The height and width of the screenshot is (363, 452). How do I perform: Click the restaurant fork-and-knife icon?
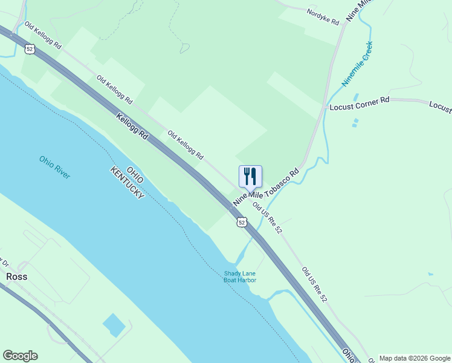[x=250, y=176]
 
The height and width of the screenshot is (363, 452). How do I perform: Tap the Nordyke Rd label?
[x=323, y=16]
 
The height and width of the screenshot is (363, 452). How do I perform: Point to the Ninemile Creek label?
[x=357, y=63]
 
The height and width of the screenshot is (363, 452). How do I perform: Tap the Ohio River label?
[x=55, y=167]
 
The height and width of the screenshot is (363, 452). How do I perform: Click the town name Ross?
[x=16, y=276]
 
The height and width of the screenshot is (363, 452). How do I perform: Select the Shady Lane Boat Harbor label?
[x=241, y=276]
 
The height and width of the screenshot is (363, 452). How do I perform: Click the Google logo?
[x=20, y=356]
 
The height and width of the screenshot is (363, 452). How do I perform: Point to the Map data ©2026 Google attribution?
[x=415, y=358]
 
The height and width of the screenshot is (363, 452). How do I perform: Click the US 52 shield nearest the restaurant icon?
[x=242, y=223]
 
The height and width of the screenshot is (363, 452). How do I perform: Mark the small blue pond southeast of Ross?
[x=114, y=325]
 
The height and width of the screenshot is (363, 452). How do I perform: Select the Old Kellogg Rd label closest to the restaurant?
[x=186, y=145]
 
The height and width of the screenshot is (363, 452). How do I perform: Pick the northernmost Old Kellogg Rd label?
[x=42, y=36]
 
